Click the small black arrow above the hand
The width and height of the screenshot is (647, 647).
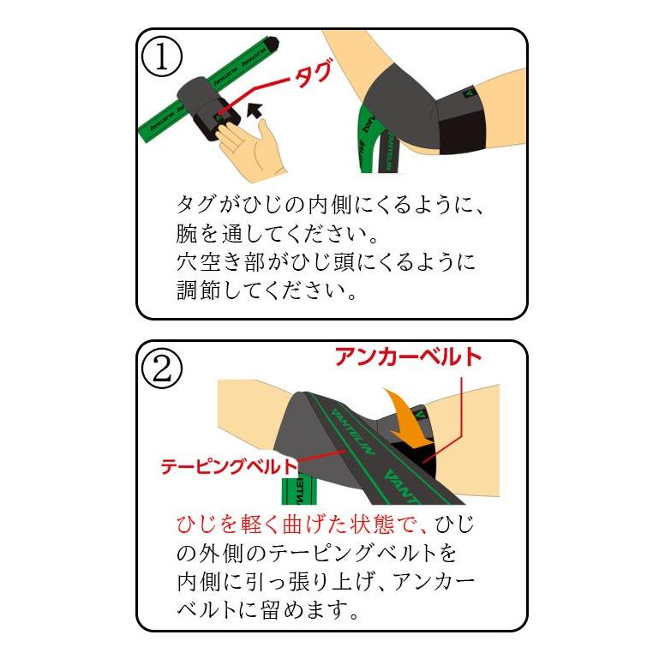[253, 110]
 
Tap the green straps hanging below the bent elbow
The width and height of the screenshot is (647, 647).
[370, 137]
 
